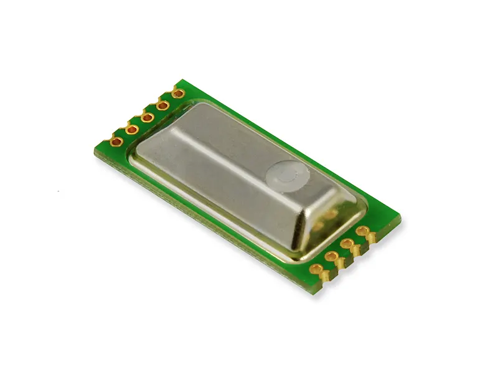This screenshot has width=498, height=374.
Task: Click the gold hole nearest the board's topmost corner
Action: tap(177, 94)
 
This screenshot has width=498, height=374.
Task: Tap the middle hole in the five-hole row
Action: tap(148, 117)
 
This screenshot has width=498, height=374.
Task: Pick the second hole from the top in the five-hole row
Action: tap(162, 105)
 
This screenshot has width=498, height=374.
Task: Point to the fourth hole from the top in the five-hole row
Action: tap(132, 129)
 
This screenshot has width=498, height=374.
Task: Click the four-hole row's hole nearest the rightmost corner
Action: tap(362, 231)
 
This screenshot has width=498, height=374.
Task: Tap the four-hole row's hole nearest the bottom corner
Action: tap(317, 269)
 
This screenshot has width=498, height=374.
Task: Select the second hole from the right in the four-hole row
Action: tap(346, 244)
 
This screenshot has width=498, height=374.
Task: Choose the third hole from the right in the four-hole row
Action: tap(331, 256)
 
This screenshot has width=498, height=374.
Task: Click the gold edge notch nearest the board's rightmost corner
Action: tap(372, 239)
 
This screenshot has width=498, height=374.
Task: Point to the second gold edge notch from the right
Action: tap(357, 251)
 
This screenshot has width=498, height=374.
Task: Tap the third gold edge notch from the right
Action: tap(342, 264)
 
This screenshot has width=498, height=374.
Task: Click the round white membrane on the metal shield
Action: tap(286, 176)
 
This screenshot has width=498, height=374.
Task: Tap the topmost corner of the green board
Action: tap(182, 80)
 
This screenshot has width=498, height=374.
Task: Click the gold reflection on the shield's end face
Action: tap(324, 218)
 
